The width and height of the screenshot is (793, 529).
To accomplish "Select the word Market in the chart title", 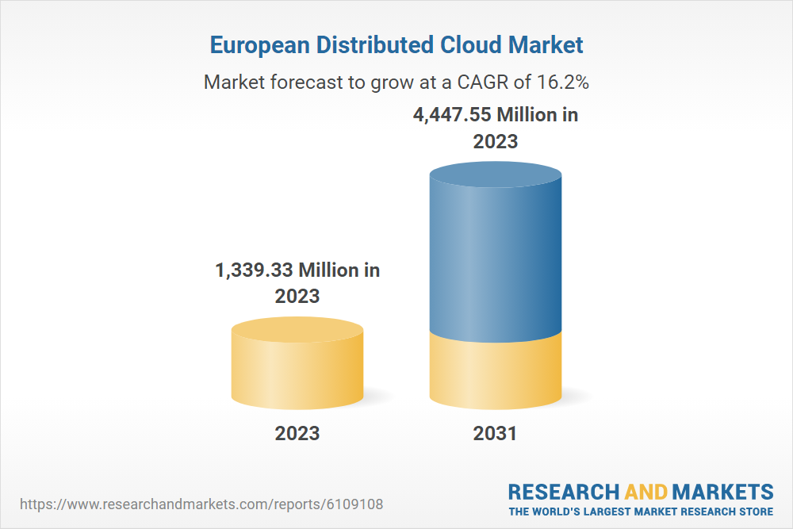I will pos(547,45).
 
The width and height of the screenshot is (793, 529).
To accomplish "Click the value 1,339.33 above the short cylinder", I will pos(253,270).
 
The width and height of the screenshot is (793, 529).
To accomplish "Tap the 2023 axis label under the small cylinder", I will pos(297,433).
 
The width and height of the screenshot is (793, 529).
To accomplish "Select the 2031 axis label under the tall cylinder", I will pos(495,433).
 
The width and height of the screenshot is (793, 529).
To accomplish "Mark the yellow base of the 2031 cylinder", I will pos(495,373).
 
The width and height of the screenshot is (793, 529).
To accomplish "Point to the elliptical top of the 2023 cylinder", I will pos(297,329).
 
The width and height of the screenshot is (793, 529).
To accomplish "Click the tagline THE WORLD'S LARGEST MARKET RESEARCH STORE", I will pos(641,512).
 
